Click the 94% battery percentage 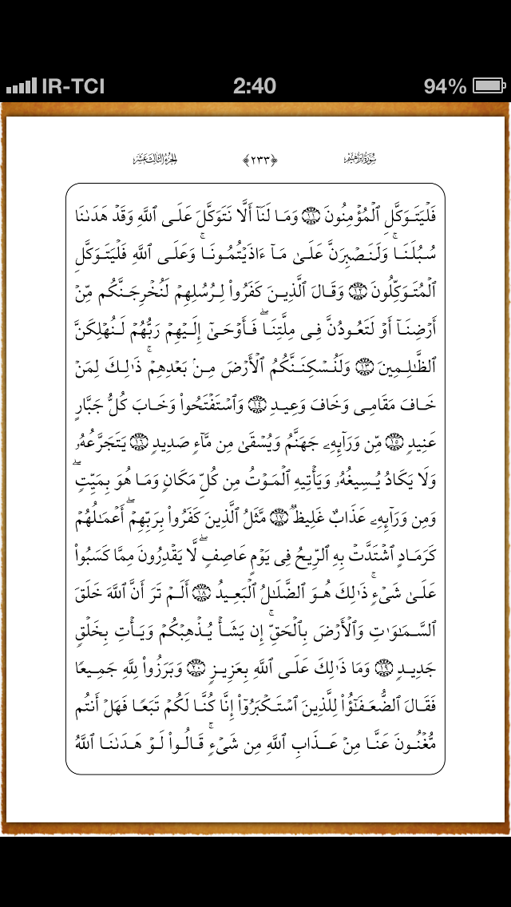445,85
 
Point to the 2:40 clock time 255,85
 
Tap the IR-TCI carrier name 73,85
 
